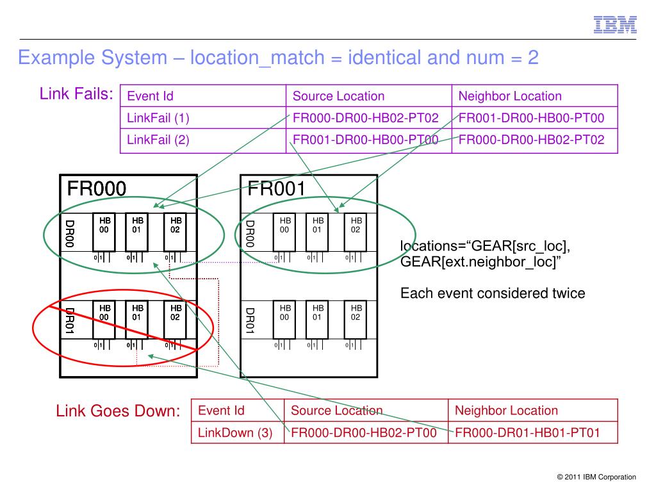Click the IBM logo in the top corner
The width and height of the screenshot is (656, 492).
(x=614, y=24)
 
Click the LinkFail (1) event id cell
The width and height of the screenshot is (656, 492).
(x=158, y=118)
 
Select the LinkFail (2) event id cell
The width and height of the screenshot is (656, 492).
(x=158, y=140)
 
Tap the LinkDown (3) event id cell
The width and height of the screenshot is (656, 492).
(x=236, y=432)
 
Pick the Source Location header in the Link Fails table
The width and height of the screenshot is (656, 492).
(x=338, y=97)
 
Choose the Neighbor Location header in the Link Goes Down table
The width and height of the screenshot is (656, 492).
(x=506, y=411)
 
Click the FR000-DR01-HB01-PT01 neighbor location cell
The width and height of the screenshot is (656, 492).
(x=527, y=432)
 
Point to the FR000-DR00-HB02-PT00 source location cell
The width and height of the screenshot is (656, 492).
(x=364, y=432)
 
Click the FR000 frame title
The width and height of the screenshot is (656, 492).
(x=97, y=188)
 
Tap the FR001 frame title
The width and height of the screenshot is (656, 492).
(x=277, y=188)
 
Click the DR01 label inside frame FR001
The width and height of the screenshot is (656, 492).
(x=250, y=321)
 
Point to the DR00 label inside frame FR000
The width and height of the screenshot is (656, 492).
(x=70, y=233)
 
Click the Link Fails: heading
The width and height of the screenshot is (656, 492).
(x=76, y=95)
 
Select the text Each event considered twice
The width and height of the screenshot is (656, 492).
(x=493, y=293)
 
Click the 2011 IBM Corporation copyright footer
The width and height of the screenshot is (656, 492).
(x=596, y=477)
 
